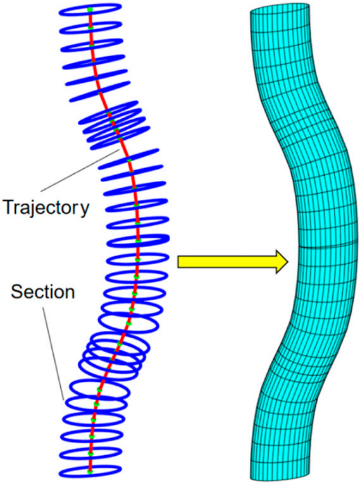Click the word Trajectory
click(46, 207)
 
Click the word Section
click(43, 291)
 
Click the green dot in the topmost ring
click(90, 9)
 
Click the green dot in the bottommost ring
click(90, 472)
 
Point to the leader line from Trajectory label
click(80, 171)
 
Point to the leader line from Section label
click(54, 353)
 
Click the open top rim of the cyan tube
click(279, 9)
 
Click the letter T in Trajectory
click(9, 207)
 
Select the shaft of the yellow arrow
click(227, 262)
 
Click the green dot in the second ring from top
click(90, 28)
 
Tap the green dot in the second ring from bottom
click(90, 454)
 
